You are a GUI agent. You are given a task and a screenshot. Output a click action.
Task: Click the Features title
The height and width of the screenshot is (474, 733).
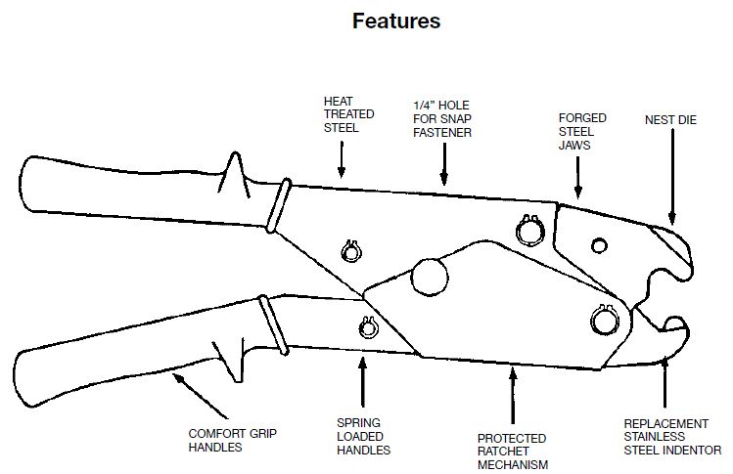point(396,22)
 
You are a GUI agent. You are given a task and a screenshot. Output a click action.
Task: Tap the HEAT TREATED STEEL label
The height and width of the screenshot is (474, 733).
point(348,114)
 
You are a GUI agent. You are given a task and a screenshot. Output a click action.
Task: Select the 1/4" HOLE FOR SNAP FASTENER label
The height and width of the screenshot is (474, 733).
point(441,119)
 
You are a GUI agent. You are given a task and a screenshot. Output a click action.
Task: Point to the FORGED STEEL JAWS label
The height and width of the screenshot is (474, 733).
point(582,132)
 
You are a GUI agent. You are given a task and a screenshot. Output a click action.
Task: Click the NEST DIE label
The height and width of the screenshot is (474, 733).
point(670,120)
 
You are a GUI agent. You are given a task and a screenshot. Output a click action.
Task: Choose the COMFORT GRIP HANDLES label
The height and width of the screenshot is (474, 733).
point(232,441)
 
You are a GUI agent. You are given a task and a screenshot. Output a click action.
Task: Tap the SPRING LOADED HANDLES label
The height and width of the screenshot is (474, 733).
point(363,437)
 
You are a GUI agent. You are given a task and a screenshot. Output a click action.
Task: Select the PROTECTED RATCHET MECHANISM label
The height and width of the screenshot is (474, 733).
point(513,452)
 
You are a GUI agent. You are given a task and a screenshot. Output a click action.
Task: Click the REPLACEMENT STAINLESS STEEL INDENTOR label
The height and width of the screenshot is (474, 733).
point(672,437)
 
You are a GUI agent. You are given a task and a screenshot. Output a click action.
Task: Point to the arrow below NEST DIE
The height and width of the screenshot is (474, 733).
point(672,177)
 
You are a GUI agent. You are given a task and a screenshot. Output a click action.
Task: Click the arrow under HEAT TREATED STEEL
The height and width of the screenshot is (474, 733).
point(342,159)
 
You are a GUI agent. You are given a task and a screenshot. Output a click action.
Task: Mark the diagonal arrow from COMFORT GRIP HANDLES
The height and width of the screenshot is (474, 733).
point(200,395)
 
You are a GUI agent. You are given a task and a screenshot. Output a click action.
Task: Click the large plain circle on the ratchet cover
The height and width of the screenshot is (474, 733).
point(430,277)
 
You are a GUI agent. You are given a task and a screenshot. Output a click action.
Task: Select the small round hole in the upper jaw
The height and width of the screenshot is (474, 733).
point(599,245)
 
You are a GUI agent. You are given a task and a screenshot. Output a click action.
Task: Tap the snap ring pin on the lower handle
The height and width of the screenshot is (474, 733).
point(368,327)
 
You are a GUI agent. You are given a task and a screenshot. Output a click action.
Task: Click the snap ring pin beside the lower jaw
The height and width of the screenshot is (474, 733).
point(605,320)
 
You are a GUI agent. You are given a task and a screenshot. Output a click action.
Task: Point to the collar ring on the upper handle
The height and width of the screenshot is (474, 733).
point(279,205)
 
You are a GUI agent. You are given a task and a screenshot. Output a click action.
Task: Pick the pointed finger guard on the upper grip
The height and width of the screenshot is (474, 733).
point(236,174)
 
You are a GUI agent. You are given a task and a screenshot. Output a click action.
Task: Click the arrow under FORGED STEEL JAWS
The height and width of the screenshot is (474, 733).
point(578,178)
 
